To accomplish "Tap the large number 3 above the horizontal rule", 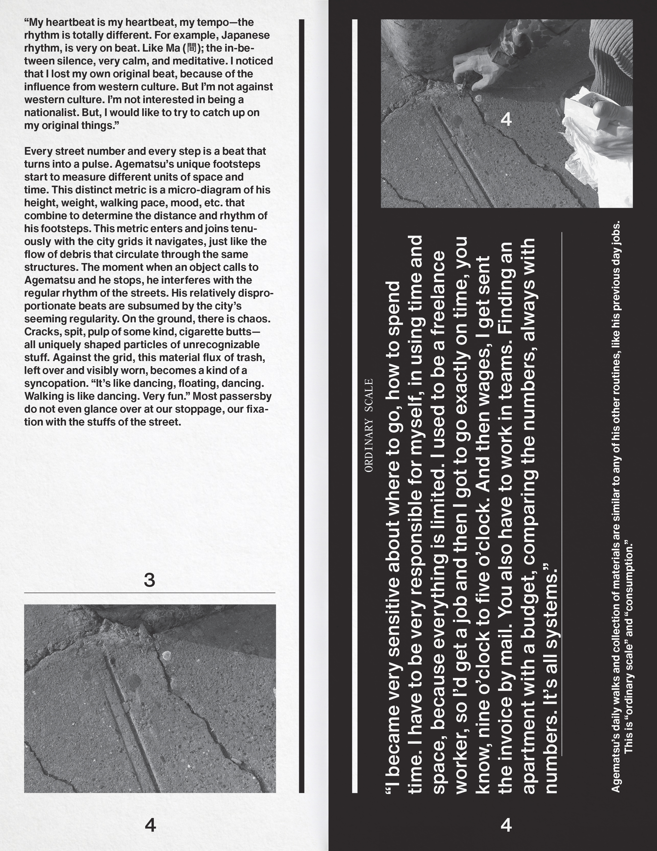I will point(149,580).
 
